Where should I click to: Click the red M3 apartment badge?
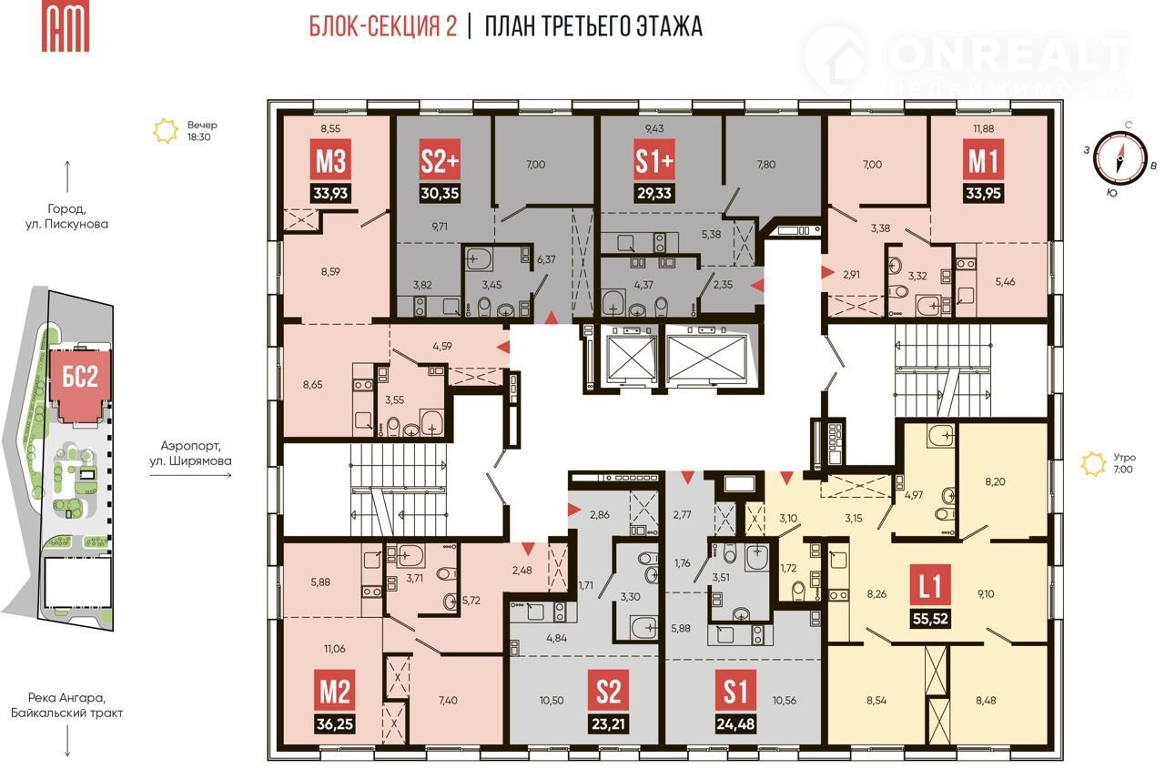(x=330, y=160)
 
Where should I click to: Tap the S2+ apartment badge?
(x=440, y=160)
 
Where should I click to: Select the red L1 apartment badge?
(x=930, y=586)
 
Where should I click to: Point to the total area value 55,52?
(x=930, y=619)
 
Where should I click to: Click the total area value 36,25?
(x=334, y=723)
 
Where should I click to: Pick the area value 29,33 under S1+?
(x=654, y=194)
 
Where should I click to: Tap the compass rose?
(x=1119, y=157)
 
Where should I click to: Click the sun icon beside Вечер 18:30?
(x=166, y=131)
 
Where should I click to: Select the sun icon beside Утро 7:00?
(x=1093, y=464)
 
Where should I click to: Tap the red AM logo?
(x=66, y=27)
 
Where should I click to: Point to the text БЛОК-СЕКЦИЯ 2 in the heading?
(x=383, y=27)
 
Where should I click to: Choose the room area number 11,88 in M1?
(x=983, y=128)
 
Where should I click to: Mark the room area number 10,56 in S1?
(x=784, y=700)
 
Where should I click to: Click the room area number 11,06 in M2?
(x=334, y=649)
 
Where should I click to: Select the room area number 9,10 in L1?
(x=986, y=593)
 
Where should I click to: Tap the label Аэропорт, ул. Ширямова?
(x=190, y=453)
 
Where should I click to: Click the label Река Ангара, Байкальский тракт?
(x=67, y=705)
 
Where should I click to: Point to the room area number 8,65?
(x=312, y=385)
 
